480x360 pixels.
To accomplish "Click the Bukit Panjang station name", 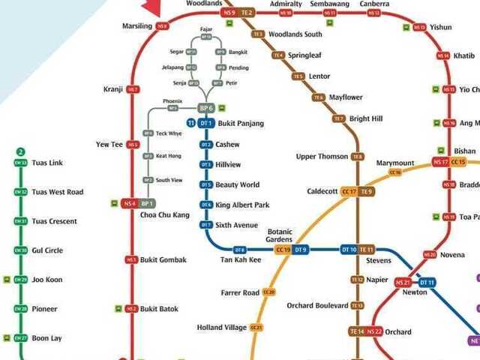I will [x=241, y=123].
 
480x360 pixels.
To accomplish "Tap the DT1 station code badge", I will [x=206, y=123].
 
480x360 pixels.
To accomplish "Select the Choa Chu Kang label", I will [x=163, y=215].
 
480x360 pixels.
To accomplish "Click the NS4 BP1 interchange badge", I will [x=138, y=203].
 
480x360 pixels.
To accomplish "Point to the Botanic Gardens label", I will [x=280, y=235].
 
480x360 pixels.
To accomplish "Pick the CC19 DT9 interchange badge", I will [x=292, y=250].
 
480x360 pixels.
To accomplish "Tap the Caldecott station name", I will [x=322, y=191].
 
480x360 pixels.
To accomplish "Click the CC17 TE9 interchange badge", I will [x=357, y=192].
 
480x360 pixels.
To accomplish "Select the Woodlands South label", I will [x=295, y=34].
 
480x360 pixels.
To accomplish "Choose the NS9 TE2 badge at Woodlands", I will [x=238, y=13].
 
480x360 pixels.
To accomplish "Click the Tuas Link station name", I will [x=47, y=163].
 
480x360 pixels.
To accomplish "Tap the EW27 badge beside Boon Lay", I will [x=21, y=338].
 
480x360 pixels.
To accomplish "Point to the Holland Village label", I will [x=221, y=328].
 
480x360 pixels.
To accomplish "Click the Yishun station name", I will [x=441, y=27].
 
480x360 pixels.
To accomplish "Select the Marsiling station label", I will [x=136, y=26].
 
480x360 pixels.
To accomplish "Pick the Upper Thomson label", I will [x=322, y=157].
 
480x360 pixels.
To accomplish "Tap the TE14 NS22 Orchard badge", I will [x=366, y=331].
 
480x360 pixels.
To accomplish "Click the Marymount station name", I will [x=395, y=163].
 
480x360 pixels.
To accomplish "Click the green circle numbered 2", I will [x=21, y=151].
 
